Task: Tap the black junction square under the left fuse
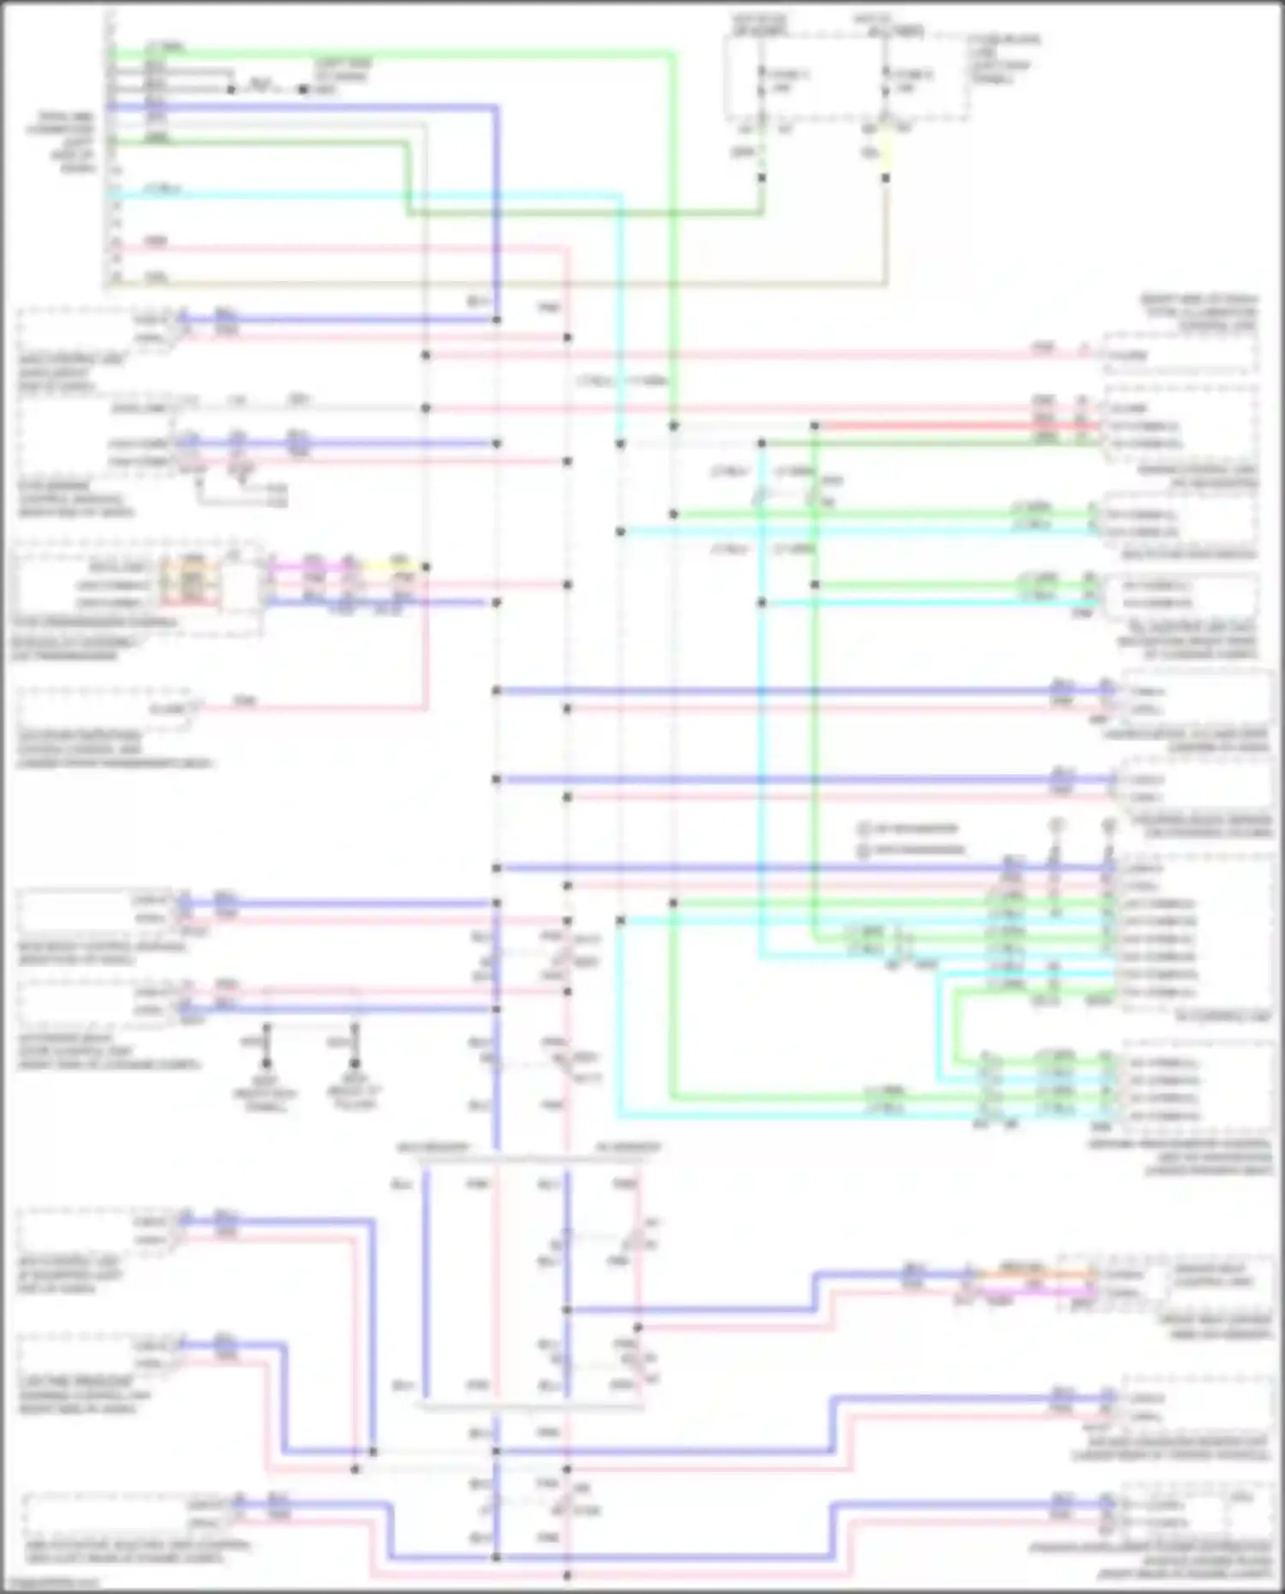pos(762,178)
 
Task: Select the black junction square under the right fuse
pos(886,178)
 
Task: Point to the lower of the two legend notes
pos(912,850)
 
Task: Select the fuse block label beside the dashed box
pos(1002,58)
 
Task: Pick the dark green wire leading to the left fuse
pos(583,212)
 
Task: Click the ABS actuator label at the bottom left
pos(137,1551)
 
